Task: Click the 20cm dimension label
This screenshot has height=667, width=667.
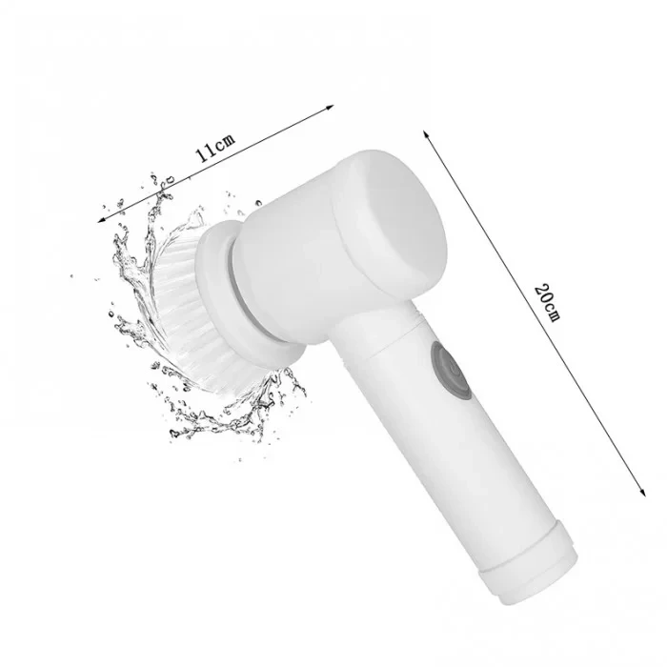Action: point(548,301)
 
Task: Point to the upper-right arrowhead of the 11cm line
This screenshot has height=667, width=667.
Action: point(330,107)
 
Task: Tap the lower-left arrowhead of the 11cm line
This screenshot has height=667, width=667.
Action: point(102,219)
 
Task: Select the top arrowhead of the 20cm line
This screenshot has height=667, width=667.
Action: point(426,134)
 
